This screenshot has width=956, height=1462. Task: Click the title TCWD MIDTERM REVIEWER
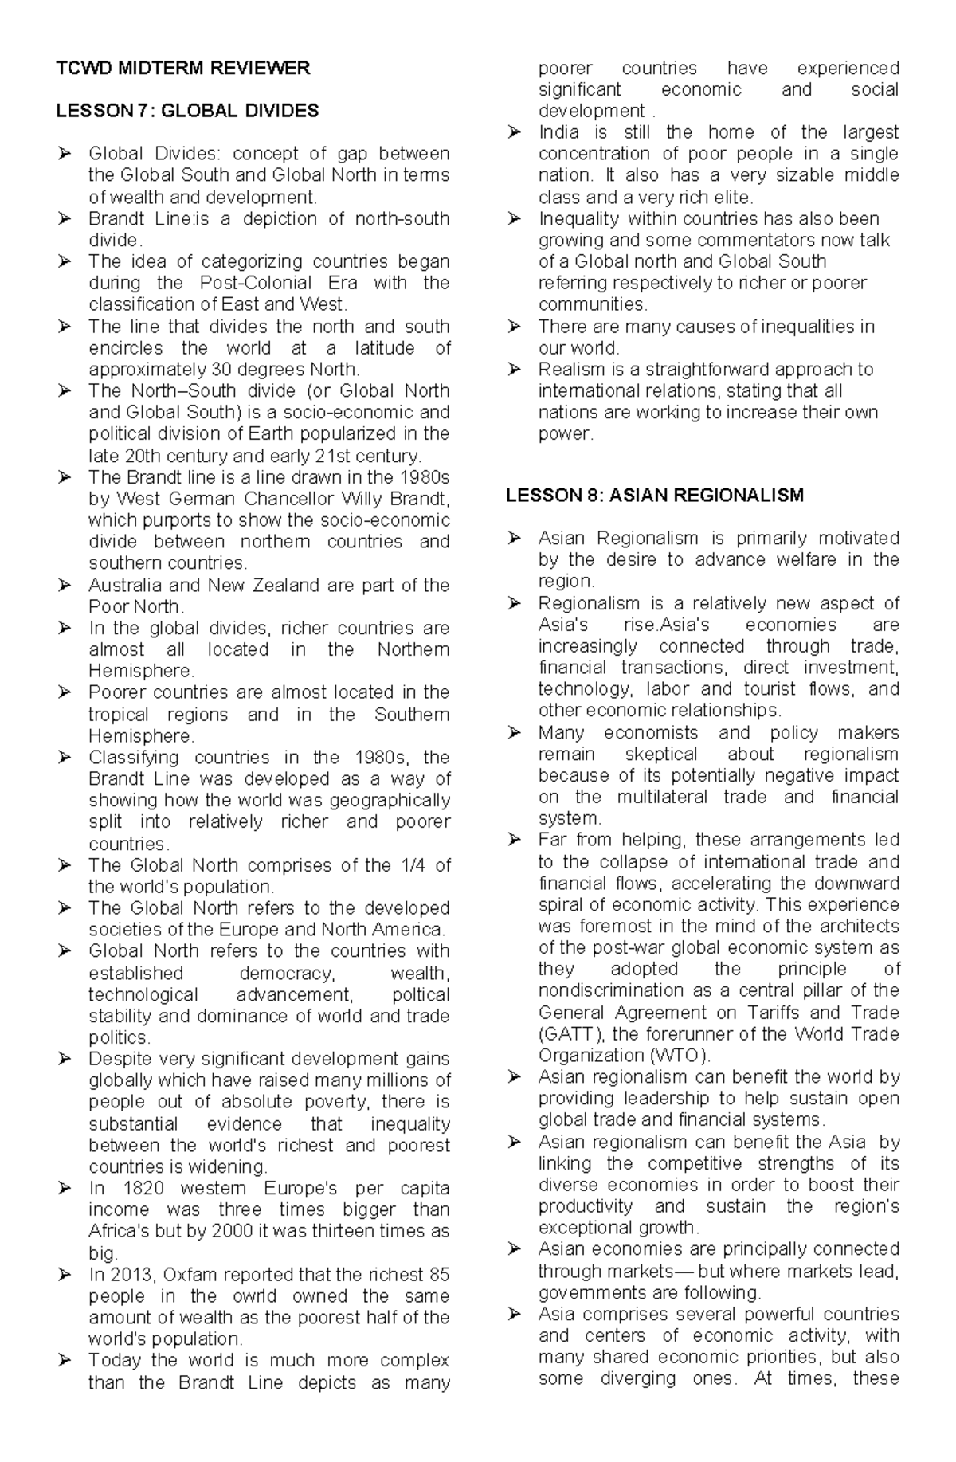pos(182,69)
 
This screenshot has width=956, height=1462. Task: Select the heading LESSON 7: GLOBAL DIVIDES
pos(187,111)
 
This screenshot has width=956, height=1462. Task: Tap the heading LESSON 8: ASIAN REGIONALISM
pos(655,496)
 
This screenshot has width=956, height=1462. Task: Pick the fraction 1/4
pos(413,865)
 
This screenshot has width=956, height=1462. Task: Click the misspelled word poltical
pos(421,994)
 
